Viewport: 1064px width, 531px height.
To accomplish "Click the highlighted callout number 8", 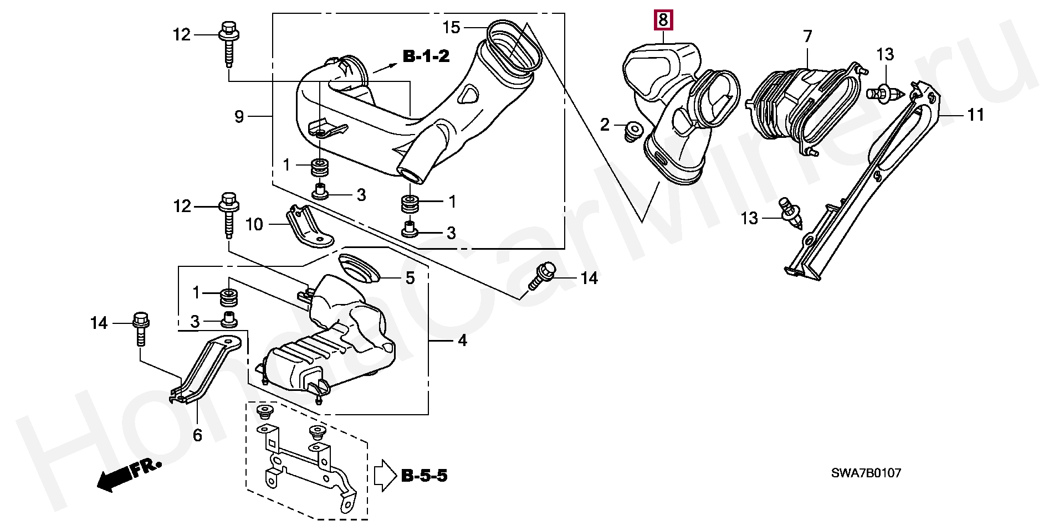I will pos(663,21).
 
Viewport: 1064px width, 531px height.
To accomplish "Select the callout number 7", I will pos(807,37).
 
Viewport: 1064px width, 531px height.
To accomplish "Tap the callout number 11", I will pos(975,115).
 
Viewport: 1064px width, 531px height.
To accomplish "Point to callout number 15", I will pos(452,27).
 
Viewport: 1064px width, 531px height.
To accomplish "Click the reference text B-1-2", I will pos(426,56).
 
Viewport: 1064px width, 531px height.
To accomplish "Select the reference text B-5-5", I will pos(424,476).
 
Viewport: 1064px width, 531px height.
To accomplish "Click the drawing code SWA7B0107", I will pos(866,473).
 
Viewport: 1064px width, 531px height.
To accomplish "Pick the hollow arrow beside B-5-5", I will pos(386,476).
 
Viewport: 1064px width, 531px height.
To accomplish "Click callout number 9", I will pos(239,116).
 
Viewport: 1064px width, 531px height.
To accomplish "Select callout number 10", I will pos(254,224).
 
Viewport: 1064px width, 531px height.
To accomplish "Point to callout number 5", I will pos(410,278).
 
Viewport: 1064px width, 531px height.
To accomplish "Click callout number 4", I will pos(462,340).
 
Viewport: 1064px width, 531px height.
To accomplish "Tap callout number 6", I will pos(197,435).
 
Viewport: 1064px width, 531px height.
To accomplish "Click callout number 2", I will pos(605,125).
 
